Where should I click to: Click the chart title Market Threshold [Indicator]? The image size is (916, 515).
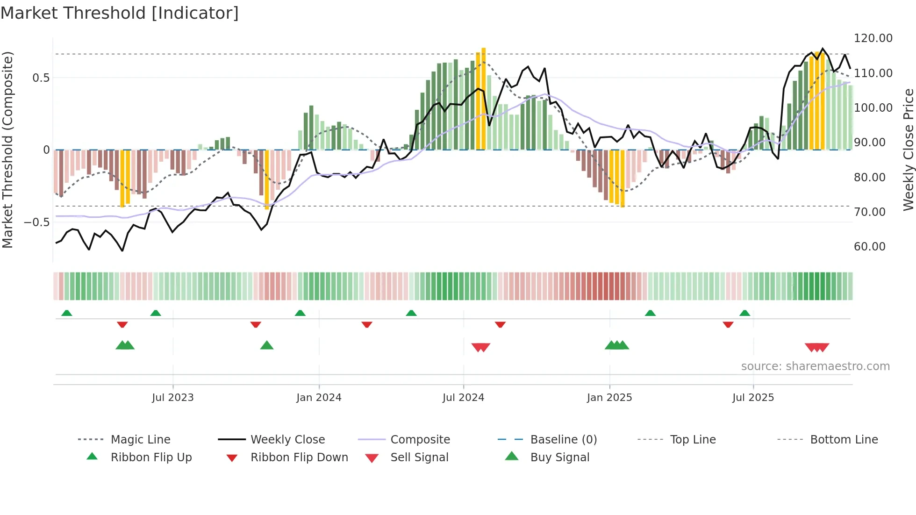point(120,13)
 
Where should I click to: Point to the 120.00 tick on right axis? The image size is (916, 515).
point(873,38)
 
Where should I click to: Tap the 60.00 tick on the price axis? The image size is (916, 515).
point(869,247)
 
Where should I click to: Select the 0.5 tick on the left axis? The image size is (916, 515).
point(41,78)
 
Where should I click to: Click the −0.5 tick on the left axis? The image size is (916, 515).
point(36,222)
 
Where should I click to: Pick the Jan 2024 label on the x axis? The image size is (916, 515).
point(319,398)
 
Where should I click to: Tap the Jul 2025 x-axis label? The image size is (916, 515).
point(753,398)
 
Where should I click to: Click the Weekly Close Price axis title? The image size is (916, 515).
point(908,150)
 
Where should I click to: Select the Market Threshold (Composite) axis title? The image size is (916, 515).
point(7,150)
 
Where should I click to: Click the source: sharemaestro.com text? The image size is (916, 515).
point(815,366)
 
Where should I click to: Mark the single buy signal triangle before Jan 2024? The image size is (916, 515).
point(266,345)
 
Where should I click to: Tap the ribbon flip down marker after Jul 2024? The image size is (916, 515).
point(500,324)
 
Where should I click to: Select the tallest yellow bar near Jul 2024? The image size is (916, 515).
point(484,98)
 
